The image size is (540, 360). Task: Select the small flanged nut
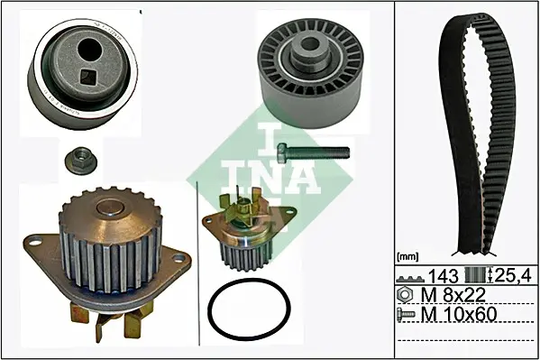pyautogui.click(x=80, y=160)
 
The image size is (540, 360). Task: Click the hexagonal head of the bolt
pyautogui.click(x=282, y=152)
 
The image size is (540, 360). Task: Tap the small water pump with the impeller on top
pyautogui.click(x=249, y=229)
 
